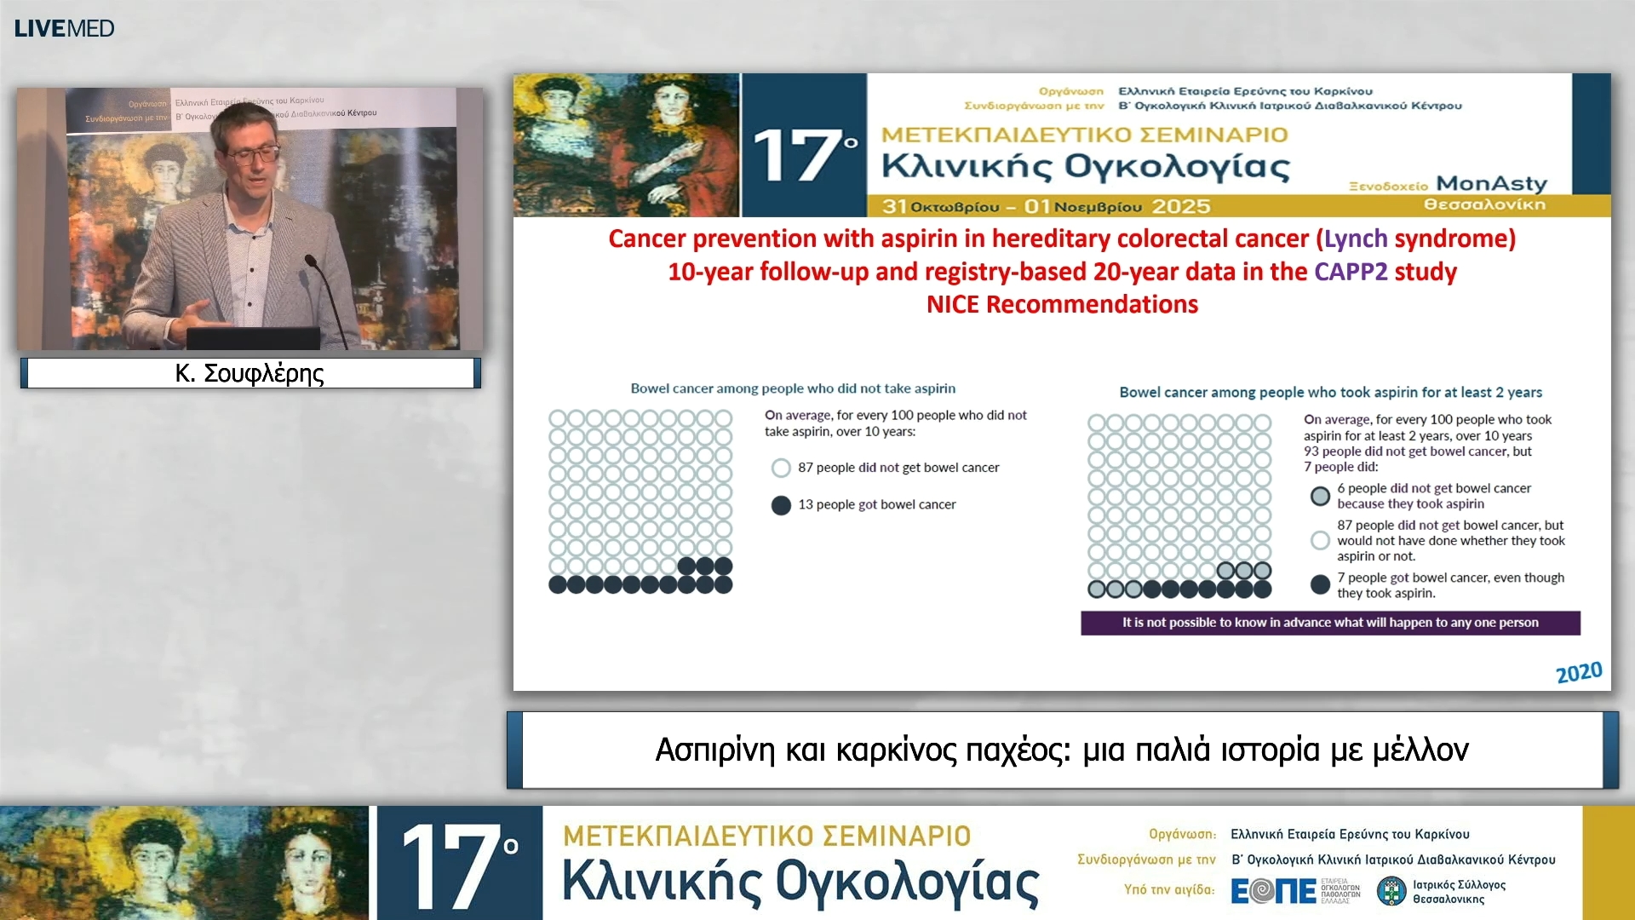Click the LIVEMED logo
tap(64, 28)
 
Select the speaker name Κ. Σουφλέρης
tap(250, 373)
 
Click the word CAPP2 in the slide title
tap(1350, 272)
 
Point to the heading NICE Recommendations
tap(1062, 304)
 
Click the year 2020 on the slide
tap(1578, 673)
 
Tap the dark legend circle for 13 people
tap(781, 505)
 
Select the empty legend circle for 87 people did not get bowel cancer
tap(781, 468)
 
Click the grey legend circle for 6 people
tap(1320, 496)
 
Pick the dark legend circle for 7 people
tap(1320, 584)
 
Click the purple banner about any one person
tap(1330, 623)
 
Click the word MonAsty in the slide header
tap(1490, 184)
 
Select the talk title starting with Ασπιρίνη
tap(1062, 750)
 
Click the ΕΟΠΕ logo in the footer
tap(1274, 891)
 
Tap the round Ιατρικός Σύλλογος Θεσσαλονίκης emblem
tap(1391, 891)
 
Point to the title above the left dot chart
tap(793, 388)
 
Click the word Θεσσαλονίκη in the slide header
tap(1484, 204)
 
